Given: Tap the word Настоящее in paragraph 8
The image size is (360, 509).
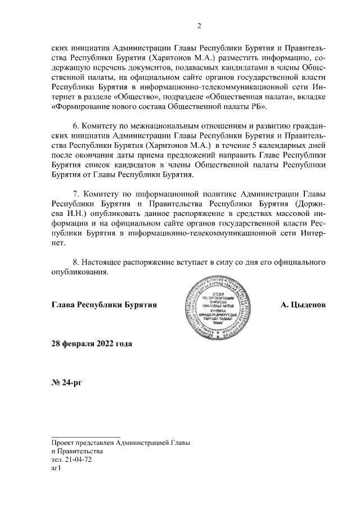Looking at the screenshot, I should pos(103,262).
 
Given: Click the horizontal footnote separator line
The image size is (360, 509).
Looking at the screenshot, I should pos(85,436).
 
